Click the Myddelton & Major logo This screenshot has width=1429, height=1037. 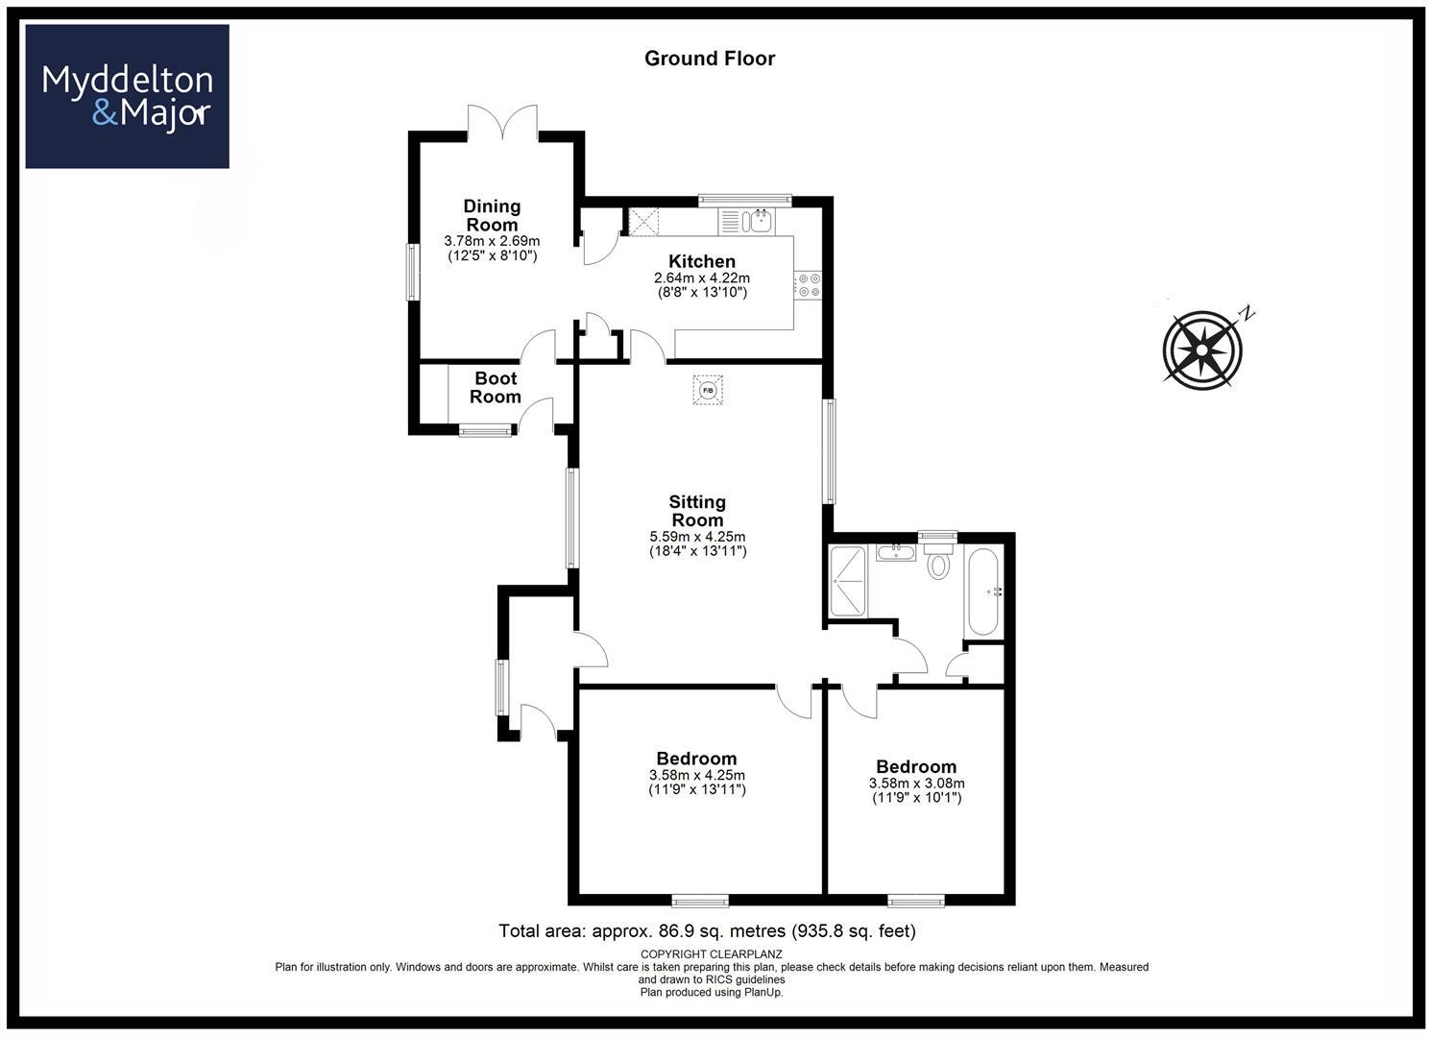coord(127,96)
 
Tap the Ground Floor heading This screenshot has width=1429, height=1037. coord(710,59)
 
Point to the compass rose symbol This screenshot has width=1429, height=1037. coord(1202,349)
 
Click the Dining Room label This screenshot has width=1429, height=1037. coord(492,215)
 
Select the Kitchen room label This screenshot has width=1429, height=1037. coord(702,261)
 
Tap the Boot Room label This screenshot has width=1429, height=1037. coord(496,387)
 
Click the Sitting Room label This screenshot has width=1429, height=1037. coord(697,510)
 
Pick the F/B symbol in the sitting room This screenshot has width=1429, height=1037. coord(708,390)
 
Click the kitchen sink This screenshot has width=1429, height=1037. coord(759,221)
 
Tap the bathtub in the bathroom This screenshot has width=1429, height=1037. coord(983,591)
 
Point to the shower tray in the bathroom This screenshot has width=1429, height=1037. coord(848,580)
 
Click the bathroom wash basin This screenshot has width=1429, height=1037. coord(896,552)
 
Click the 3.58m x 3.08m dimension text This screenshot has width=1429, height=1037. coord(916,783)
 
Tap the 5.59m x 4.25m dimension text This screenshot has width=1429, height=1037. coord(697,537)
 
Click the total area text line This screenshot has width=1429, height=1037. coord(707,930)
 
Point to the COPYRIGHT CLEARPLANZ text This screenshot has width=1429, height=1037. coord(711,953)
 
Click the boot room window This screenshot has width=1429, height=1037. coord(486,431)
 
